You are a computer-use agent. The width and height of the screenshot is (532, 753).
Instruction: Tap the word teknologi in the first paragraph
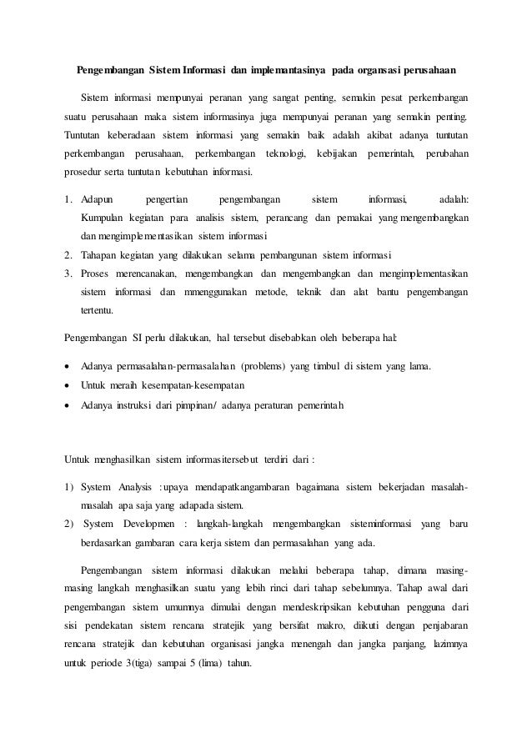click(285, 154)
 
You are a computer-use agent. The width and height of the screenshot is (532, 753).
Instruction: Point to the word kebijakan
click(341, 154)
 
